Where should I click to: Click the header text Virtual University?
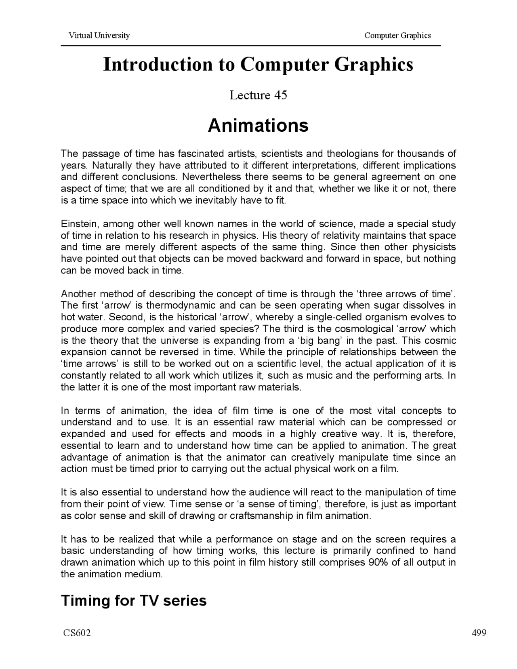click(99, 35)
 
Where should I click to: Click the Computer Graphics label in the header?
click(397, 35)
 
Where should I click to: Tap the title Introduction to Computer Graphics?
click(258, 65)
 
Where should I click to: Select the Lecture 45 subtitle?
click(258, 95)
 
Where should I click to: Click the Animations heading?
click(258, 125)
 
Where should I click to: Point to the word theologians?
click(359, 154)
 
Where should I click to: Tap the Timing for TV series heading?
click(134, 601)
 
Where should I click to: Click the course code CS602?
click(77, 633)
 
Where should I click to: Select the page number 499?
click(479, 633)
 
